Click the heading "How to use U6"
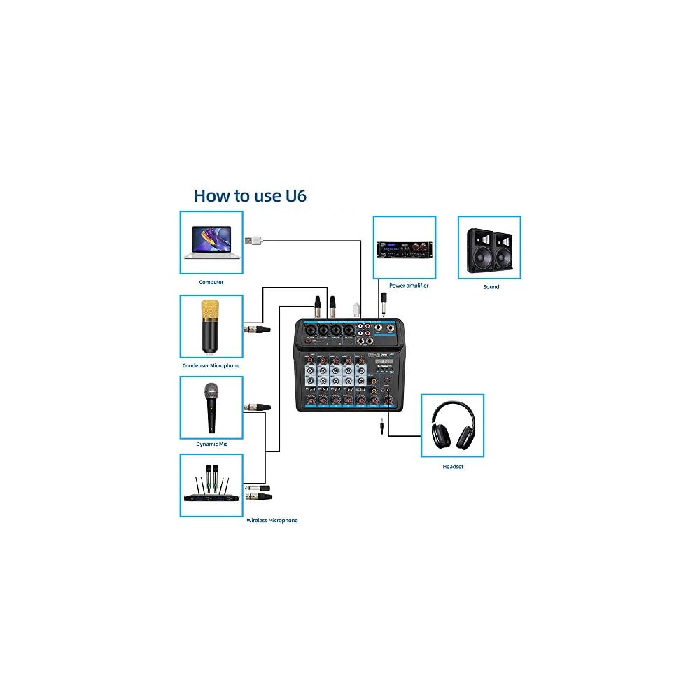pos(250,195)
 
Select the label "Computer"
pos(211,282)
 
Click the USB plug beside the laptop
pos(253,240)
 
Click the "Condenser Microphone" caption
pos(211,365)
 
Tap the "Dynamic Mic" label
pos(211,444)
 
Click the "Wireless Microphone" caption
pos(272,520)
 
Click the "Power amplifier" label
pos(409,286)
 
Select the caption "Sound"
pos(491,287)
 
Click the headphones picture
pos(453,426)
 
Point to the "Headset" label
pos(453,466)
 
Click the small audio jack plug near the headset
pos(381,424)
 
